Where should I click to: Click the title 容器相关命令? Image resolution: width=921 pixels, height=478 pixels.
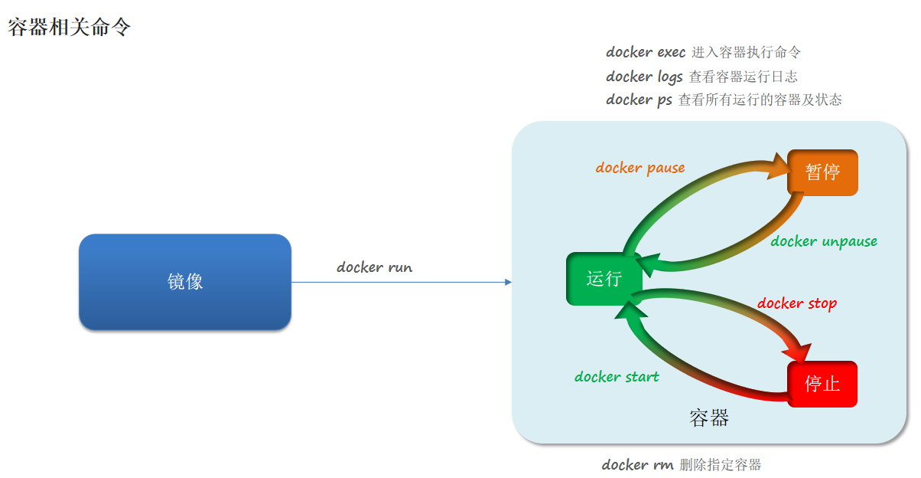click(70, 28)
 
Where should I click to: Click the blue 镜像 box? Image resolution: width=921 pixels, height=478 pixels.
click(185, 282)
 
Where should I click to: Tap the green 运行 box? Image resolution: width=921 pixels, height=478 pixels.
click(604, 279)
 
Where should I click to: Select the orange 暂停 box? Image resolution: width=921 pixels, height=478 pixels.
click(822, 172)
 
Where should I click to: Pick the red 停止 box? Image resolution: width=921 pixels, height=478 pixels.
click(822, 384)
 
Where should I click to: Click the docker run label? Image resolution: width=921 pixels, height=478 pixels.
click(374, 267)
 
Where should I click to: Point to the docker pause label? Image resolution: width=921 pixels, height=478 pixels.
click(640, 168)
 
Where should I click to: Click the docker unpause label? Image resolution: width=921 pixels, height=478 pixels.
click(824, 241)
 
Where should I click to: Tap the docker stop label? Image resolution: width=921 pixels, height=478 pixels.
click(797, 303)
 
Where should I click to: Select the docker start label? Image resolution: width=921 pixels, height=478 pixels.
click(617, 377)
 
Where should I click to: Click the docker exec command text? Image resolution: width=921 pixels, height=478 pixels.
click(646, 53)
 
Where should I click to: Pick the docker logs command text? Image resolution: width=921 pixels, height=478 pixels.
click(644, 77)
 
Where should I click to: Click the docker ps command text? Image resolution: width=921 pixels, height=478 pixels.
click(639, 100)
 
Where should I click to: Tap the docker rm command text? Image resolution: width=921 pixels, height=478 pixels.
click(637, 465)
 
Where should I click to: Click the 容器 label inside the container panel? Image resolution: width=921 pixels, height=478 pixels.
click(709, 417)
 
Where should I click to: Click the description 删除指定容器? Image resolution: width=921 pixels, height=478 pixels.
click(720, 465)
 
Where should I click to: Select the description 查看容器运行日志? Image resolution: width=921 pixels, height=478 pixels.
click(743, 77)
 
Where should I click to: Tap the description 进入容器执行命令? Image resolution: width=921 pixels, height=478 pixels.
click(746, 53)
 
